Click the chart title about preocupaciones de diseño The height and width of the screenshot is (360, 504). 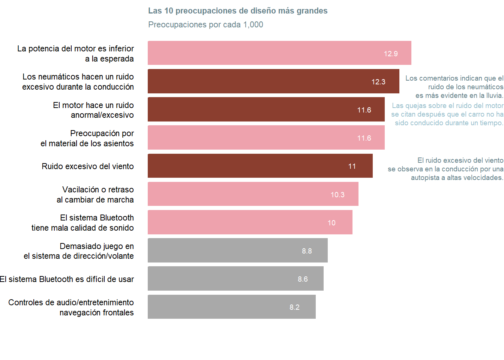[x=238, y=11]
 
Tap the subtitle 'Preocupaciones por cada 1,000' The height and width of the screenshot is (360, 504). [x=205, y=25]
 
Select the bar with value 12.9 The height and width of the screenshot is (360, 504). [x=279, y=53]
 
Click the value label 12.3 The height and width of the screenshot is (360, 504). [x=378, y=82]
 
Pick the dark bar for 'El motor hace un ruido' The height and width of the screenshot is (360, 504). [x=266, y=109]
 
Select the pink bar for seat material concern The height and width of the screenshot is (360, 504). [x=266, y=138]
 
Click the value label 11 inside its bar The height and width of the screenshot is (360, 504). [x=352, y=166]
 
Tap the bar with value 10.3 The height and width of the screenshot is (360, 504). [x=253, y=194]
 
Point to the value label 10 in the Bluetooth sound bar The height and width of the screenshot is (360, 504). [x=331, y=223]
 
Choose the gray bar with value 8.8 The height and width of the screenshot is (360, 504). [x=237, y=250]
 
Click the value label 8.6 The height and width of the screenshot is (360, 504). [x=303, y=279]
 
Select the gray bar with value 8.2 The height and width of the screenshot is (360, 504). [x=231, y=307]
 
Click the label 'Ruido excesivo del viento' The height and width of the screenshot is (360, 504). [x=88, y=166]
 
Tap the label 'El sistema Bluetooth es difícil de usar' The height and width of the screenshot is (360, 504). [x=67, y=279]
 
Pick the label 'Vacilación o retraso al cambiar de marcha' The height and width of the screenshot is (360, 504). [x=95, y=195]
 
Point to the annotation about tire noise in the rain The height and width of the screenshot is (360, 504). [x=454, y=87]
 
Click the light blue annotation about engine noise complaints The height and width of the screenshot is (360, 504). [x=447, y=114]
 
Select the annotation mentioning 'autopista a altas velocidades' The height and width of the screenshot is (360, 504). [x=445, y=169]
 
